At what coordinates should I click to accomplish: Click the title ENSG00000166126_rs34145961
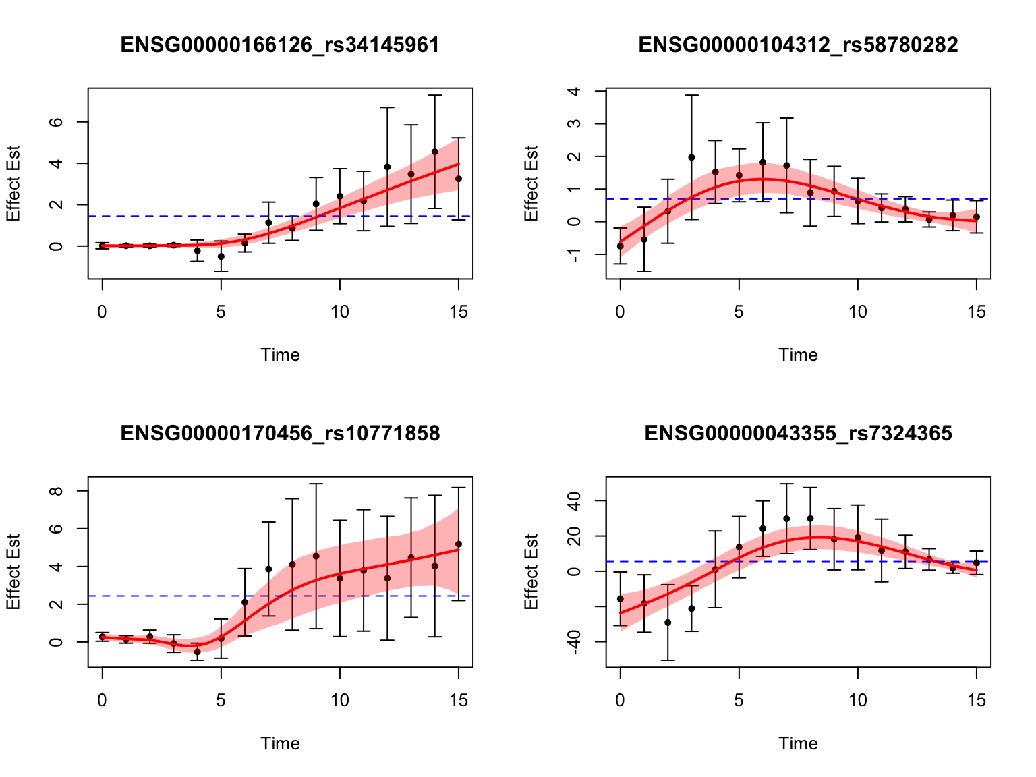tap(280, 45)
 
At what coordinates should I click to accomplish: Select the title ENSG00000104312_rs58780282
tap(798, 45)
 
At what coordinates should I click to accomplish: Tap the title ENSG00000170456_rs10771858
tap(280, 434)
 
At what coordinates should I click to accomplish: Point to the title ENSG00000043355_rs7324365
tap(798, 434)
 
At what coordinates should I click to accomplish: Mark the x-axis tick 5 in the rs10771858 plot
tap(221, 700)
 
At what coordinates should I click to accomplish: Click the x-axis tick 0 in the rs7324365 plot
tap(620, 700)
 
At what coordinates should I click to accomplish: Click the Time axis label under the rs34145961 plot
tap(280, 355)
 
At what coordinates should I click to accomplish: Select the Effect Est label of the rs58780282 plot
tap(531, 183)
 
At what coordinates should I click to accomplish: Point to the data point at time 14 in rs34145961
tap(435, 152)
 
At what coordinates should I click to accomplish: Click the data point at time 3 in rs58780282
tap(691, 157)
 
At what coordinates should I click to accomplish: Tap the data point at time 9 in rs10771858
tap(316, 556)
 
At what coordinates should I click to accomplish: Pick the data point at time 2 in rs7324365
tap(668, 623)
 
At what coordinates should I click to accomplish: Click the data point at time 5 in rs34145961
tap(221, 256)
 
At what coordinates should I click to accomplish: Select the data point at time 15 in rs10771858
tap(459, 544)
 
